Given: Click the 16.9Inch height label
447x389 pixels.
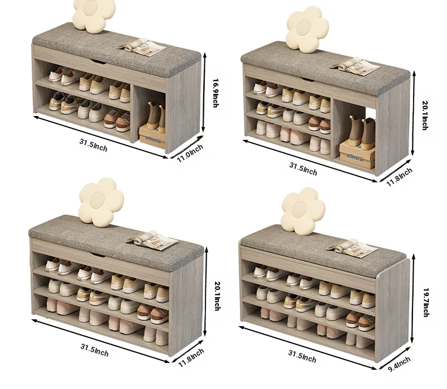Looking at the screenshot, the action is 216,93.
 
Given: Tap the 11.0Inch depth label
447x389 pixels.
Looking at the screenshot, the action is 190,153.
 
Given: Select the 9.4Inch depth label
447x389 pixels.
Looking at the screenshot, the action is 399,364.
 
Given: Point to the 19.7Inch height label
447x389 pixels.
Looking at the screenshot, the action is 425,302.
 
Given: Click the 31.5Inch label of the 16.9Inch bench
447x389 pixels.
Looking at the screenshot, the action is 93,145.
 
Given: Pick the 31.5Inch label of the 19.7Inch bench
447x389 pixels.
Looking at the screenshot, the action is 302,357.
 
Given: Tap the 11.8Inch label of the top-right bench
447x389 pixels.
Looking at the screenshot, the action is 399,177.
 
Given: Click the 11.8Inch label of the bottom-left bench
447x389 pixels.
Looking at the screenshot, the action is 191,358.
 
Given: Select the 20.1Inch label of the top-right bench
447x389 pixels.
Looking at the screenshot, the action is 425,115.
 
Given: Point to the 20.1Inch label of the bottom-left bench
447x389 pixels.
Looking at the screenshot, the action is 217,296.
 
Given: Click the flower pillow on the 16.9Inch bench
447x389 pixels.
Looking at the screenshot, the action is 94,15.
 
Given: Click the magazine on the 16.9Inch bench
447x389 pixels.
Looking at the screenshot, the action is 141,47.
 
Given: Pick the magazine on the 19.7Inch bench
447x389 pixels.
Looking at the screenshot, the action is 352,248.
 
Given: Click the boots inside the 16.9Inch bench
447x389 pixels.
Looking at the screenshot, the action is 156,117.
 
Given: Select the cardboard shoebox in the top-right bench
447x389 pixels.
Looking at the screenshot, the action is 357,153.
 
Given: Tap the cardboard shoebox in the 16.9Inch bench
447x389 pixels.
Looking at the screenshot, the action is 152,137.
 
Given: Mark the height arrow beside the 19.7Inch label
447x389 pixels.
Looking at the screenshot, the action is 412,298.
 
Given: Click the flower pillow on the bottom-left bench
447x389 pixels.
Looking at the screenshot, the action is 101,201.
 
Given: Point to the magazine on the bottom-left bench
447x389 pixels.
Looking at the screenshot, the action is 152,241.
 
